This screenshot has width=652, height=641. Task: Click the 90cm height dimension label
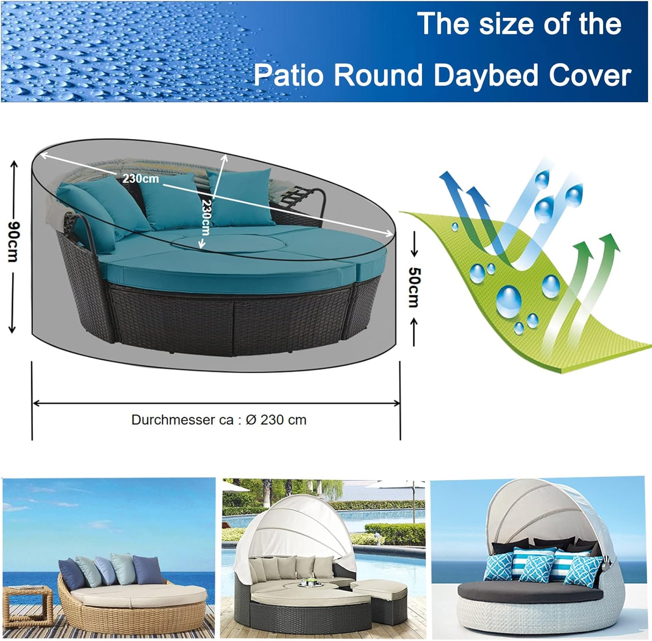14,242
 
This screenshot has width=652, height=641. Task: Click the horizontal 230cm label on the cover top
140,178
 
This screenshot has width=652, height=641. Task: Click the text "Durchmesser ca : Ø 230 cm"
219,420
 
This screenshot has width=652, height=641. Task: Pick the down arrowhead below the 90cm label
13,329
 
